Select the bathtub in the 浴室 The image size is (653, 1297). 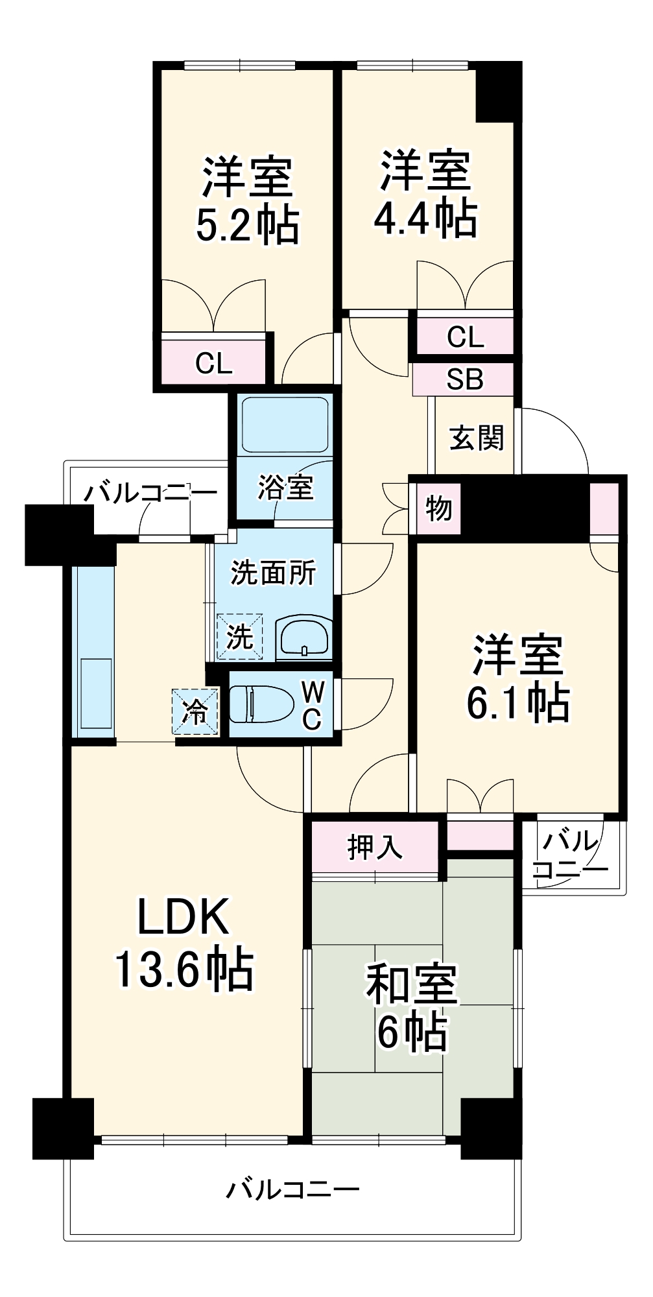(x=285, y=424)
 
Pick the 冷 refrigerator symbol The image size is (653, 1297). (x=195, y=712)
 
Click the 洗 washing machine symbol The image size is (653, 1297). (x=240, y=637)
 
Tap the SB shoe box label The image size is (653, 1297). (x=464, y=379)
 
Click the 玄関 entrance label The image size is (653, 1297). (x=477, y=438)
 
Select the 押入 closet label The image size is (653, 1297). (x=375, y=847)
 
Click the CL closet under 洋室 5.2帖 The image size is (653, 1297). (x=214, y=364)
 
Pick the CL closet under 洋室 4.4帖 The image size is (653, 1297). (x=465, y=337)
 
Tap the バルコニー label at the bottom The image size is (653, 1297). (x=292, y=1189)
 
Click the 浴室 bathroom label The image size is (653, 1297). (x=285, y=488)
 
